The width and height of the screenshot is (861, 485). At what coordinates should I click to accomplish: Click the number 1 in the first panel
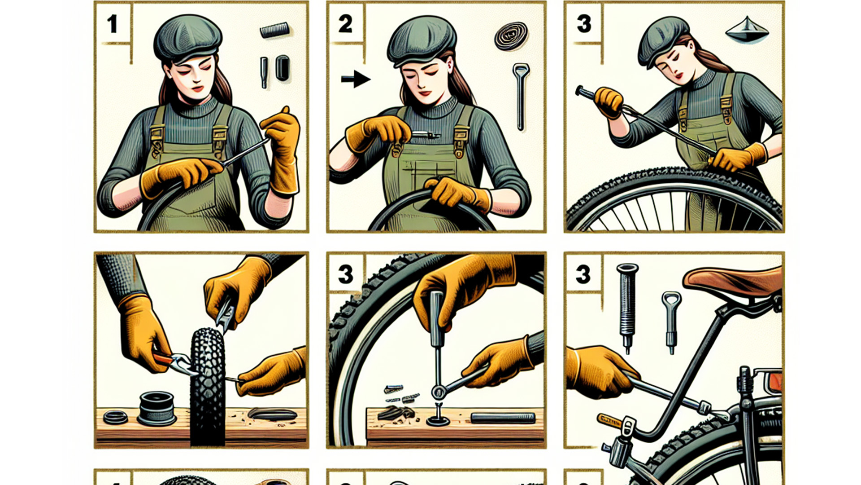112,24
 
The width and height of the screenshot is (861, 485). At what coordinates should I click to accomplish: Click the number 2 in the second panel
345,24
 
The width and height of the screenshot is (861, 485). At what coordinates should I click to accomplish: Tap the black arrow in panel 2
356,79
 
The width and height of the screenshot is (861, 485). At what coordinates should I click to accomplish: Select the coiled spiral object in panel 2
511,36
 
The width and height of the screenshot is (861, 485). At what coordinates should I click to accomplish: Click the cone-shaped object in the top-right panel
747,31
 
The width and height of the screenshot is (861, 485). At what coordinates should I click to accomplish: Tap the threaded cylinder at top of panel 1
273,31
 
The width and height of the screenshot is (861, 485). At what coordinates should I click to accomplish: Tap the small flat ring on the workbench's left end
116,417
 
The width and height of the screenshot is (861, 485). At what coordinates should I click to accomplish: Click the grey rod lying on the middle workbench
503,418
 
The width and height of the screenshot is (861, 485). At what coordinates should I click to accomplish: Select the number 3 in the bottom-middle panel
345,274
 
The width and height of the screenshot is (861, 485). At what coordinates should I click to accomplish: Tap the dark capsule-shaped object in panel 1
282,68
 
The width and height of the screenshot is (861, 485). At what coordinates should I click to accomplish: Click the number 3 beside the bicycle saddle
583,274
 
